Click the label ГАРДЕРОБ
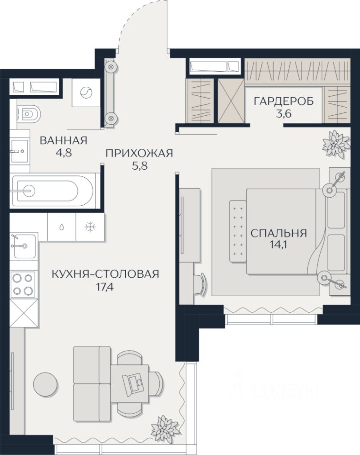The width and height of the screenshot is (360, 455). click(283, 101)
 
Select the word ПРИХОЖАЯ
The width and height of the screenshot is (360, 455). click(139, 153)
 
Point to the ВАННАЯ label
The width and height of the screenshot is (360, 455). click(63, 140)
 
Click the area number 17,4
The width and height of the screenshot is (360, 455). click(105, 287)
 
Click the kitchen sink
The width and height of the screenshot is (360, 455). click(23, 246)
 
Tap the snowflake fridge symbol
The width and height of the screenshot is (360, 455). click(90, 227)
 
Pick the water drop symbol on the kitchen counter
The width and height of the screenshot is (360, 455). click(62, 227)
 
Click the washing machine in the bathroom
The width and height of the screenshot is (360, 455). click(86, 93)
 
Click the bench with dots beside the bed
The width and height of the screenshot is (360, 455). click(238, 231)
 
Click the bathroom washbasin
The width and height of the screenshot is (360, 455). click(20, 151)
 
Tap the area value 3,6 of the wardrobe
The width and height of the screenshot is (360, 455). click(283, 113)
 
